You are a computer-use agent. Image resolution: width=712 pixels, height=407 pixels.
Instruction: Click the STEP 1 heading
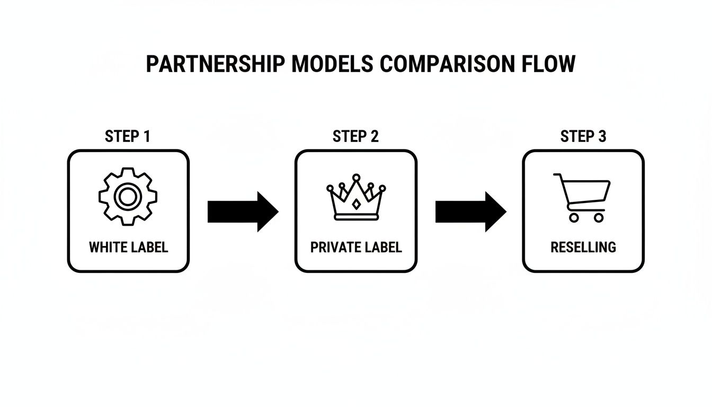pos(128,137)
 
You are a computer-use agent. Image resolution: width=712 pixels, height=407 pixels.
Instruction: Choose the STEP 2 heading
pos(355,137)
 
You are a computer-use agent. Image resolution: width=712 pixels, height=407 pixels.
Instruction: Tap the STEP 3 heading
pos(583,137)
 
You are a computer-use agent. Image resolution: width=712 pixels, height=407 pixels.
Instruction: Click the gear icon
pos(128,197)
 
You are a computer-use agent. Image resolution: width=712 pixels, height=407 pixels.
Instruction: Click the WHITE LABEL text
pos(128,247)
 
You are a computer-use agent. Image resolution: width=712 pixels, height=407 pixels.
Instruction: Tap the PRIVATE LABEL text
pos(356,247)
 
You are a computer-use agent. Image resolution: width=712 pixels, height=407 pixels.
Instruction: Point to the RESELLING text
pos(583,247)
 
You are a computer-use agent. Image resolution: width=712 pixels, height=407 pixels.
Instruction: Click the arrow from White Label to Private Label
pos(242,211)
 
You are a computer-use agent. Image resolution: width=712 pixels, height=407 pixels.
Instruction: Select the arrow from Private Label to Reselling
pos(470,211)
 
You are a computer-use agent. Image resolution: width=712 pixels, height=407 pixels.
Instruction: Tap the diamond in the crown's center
pos(356,204)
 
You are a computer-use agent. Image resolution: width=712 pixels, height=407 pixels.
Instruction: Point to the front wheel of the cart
pos(598,217)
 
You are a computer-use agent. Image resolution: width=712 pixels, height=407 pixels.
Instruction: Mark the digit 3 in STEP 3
pos(601,137)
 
